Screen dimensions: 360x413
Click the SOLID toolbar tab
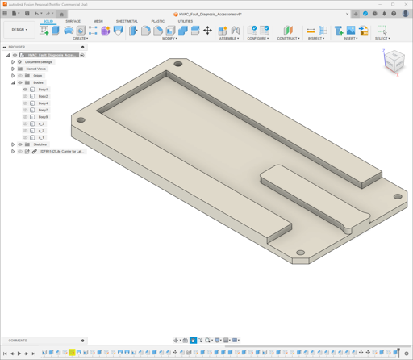[x=48, y=21]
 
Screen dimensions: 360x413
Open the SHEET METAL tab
[x=127, y=21]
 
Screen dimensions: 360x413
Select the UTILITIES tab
[x=186, y=21]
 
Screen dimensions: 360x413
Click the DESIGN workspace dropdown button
[x=19, y=30]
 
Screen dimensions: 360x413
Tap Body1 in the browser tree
[x=43, y=90]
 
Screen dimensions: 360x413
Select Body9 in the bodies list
[x=43, y=117]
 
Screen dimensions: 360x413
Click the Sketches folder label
[x=40, y=144]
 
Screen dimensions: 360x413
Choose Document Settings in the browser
[x=38, y=62]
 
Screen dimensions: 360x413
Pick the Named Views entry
[x=35, y=69]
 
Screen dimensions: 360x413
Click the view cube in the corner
[x=393, y=61]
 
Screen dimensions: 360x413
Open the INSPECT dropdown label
[x=316, y=38]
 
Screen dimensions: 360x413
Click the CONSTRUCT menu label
[x=288, y=38]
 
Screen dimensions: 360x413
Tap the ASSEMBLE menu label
[x=228, y=38]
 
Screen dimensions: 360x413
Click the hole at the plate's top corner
[x=178, y=64]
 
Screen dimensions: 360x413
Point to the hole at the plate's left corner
[x=81, y=120]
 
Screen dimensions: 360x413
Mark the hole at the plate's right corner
[x=398, y=196]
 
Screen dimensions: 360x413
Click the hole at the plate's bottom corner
[x=300, y=253]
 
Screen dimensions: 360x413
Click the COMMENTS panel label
[x=18, y=341]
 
